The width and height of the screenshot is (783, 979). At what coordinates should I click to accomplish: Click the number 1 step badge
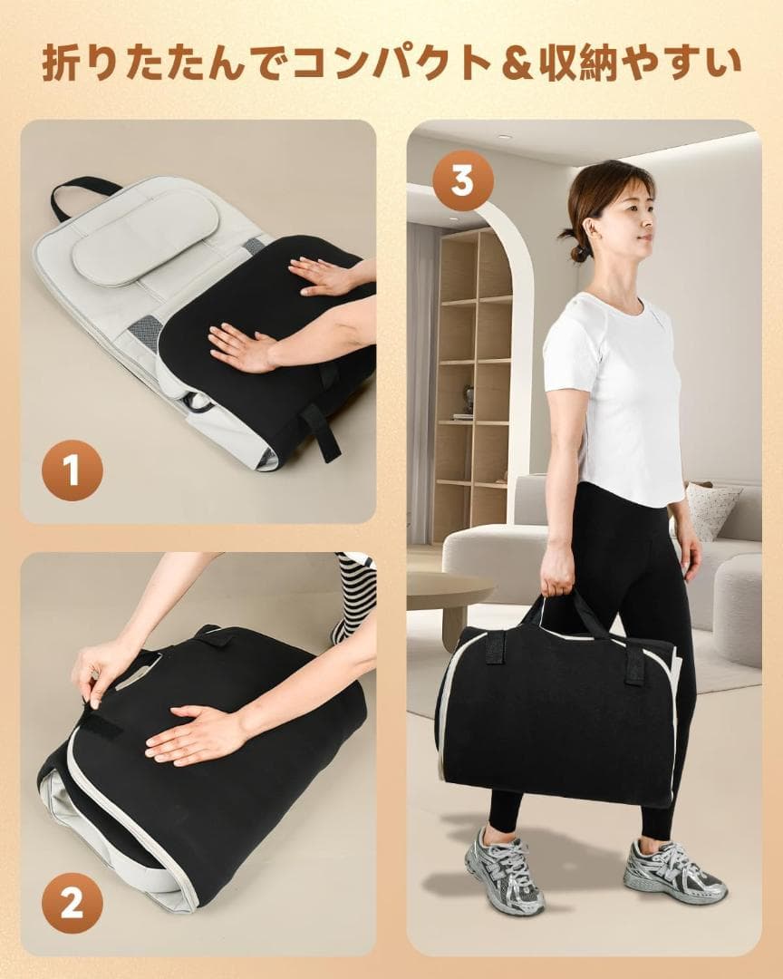(72, 470)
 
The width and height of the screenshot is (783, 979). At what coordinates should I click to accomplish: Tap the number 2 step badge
(72, 903)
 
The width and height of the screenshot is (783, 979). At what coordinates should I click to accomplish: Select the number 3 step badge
(463, 181)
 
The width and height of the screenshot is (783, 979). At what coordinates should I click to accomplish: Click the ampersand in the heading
(520, 63)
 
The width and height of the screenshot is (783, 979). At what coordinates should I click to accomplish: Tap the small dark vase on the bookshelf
(469, 396)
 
